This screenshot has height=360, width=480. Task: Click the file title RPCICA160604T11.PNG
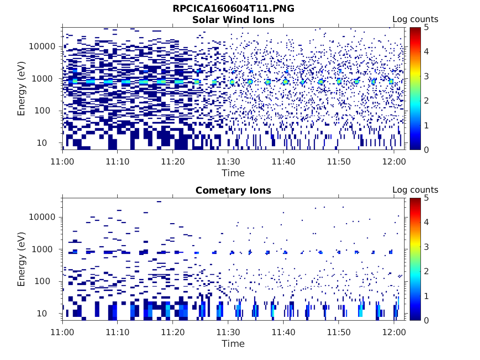point(233,8)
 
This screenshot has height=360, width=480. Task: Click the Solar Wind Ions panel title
point(233,20)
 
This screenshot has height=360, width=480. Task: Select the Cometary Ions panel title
point(233,190)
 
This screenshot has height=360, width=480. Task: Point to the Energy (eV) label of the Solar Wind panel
point(21,89)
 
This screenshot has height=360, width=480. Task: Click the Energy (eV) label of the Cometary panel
point(21,259)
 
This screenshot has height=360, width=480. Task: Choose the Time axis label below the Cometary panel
point(233,344)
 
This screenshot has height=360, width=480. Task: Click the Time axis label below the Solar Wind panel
point(233,173)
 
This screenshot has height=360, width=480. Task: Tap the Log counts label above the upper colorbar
point(415,19)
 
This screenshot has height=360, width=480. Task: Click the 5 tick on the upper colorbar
point(428,28)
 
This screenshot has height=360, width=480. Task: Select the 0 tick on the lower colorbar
point(428,320)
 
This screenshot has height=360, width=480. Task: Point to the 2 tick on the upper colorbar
point(428,101)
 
